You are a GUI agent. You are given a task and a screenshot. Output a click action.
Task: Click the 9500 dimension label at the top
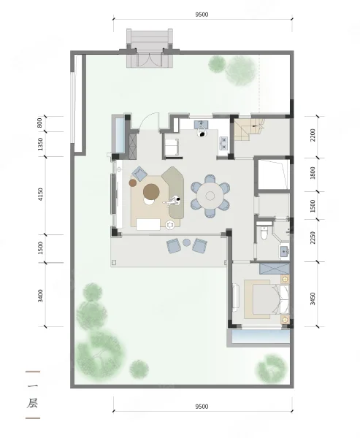pos(202,15)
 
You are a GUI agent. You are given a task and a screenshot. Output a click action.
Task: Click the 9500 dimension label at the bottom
pos(202,407)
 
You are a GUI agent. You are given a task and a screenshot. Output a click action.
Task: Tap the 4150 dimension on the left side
pos(41,194)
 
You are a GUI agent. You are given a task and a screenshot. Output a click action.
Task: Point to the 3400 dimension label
pos(41,296)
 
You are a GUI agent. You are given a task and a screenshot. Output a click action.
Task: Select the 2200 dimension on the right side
pos(313,135)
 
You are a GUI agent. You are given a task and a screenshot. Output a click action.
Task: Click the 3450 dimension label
pos(313,299)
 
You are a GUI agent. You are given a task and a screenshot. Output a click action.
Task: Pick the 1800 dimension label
pos(313,173)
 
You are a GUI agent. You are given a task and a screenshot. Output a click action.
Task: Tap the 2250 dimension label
pos(313,238)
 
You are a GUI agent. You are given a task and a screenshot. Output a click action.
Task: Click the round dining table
pos(210,196)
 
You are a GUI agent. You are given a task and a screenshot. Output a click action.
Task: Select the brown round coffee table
pos(151,191)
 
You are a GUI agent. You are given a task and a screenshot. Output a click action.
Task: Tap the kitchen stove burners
pos(224,142)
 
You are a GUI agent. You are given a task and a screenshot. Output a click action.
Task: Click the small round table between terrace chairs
pos(187,242)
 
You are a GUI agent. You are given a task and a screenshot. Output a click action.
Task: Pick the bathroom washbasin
pos(285,251)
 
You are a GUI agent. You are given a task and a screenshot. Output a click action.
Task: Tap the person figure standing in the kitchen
pos(202,132)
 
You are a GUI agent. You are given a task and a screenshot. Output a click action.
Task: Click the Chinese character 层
pos(33,403)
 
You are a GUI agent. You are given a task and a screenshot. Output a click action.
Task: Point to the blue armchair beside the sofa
pos(139,173)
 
